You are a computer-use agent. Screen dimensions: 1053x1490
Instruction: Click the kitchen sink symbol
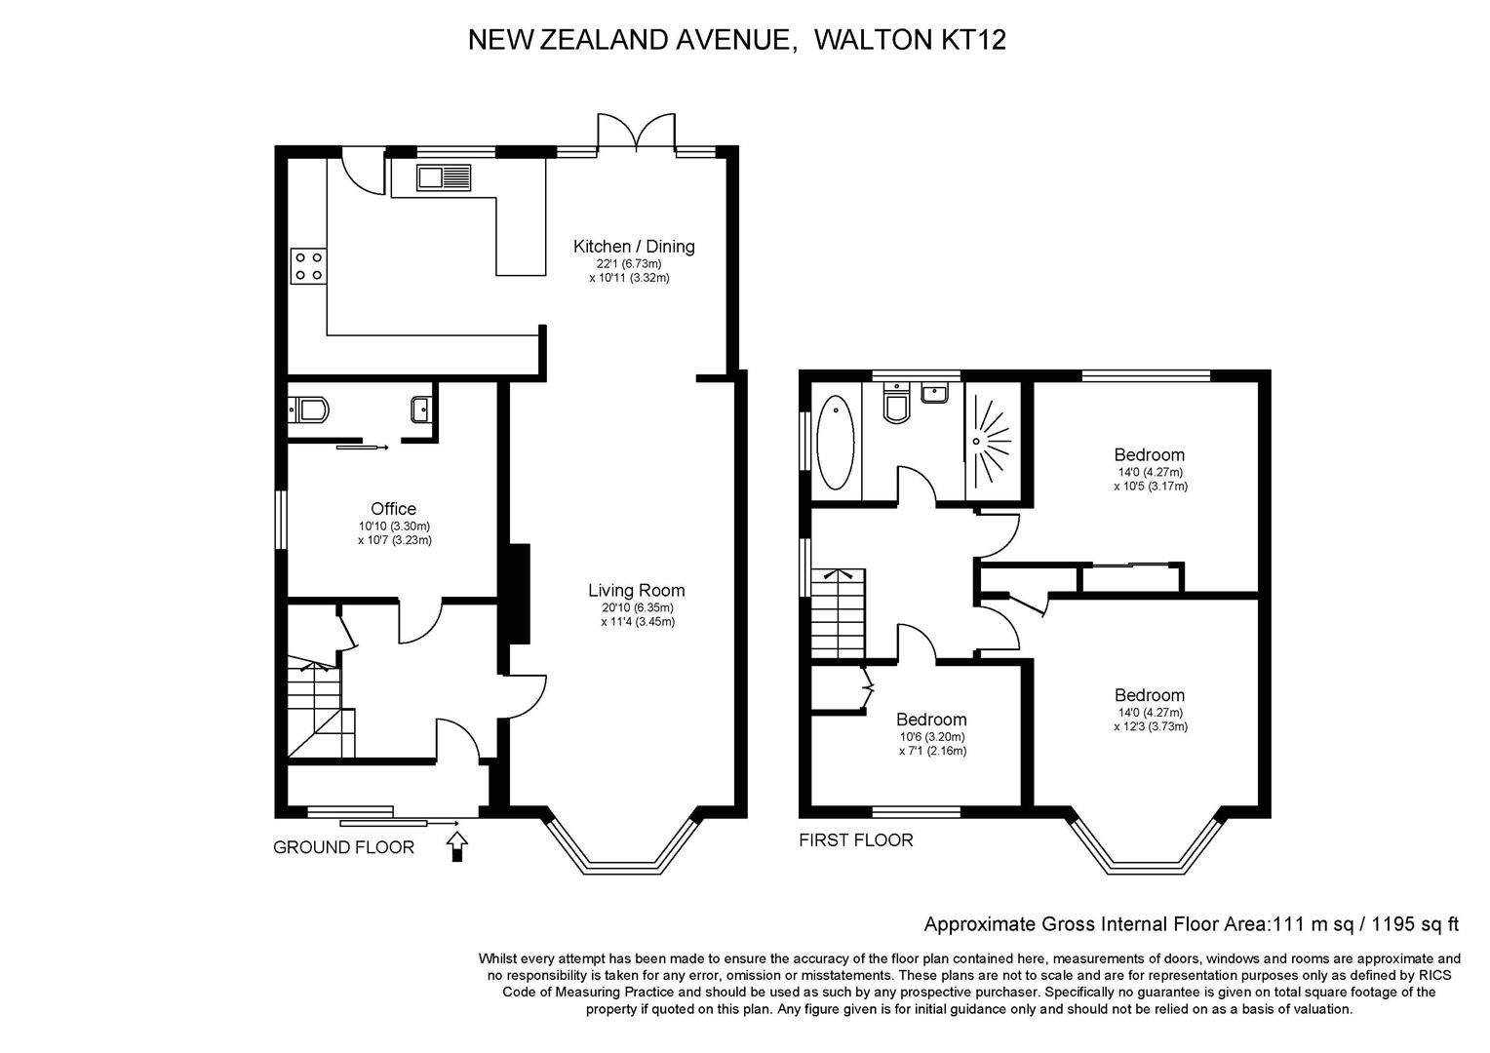coord(444,178)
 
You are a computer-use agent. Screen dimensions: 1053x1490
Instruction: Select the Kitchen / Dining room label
coord(634,247)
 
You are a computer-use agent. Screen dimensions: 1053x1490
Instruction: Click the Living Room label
coord(636,591)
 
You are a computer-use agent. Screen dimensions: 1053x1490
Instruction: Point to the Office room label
coord(393,509)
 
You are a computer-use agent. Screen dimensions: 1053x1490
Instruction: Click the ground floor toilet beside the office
coord(308,409)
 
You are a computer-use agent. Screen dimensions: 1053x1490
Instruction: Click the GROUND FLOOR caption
coord(343,847)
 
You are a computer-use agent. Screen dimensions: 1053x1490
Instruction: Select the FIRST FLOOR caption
coord(856,840)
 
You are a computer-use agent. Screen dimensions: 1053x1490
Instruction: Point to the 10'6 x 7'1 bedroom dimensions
coord(932,744)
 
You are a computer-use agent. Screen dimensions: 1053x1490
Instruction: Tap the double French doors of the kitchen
coord(636,133)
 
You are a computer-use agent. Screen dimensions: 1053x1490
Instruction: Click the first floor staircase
coord(838,612)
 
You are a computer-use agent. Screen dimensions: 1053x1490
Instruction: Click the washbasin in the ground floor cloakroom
coord(422,408)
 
